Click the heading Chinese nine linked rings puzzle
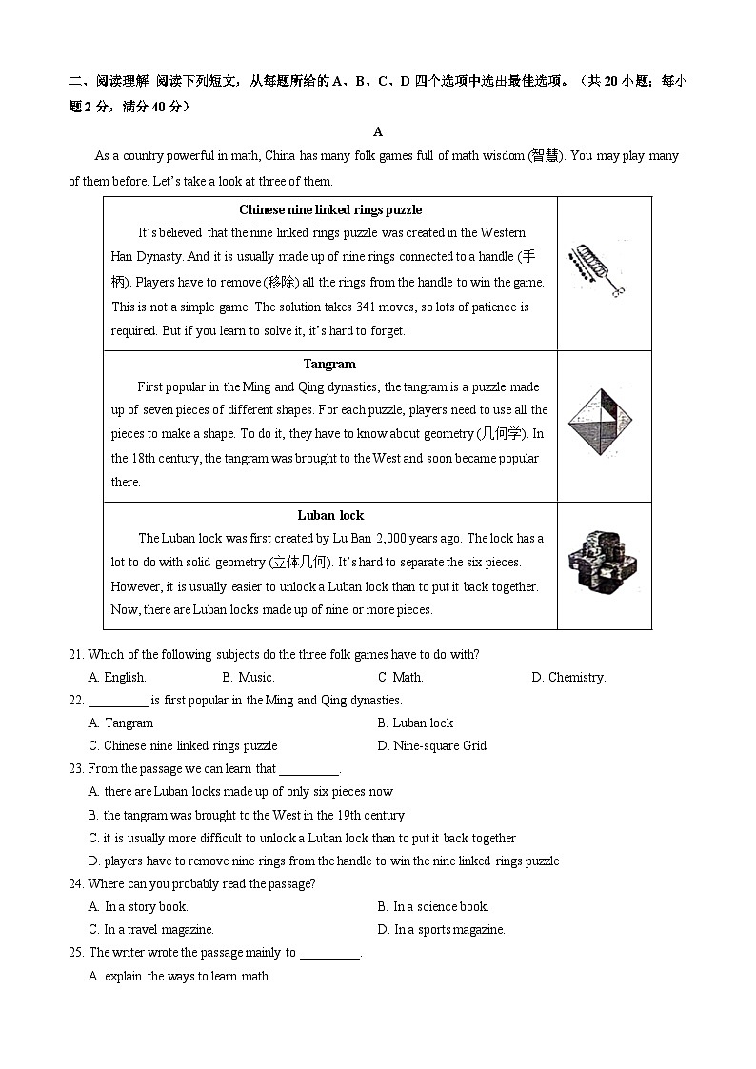(329, 209)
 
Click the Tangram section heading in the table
(329, 364)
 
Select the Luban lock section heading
(330, 515)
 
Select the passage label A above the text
(378, 132)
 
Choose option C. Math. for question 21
(400, 678)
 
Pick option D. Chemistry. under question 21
(568, 678)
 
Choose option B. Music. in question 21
(248, 678)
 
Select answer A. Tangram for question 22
(121, 723)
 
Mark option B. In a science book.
(432, 907)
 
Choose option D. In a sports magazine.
(441, 930)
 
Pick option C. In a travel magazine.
(150, 930)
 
